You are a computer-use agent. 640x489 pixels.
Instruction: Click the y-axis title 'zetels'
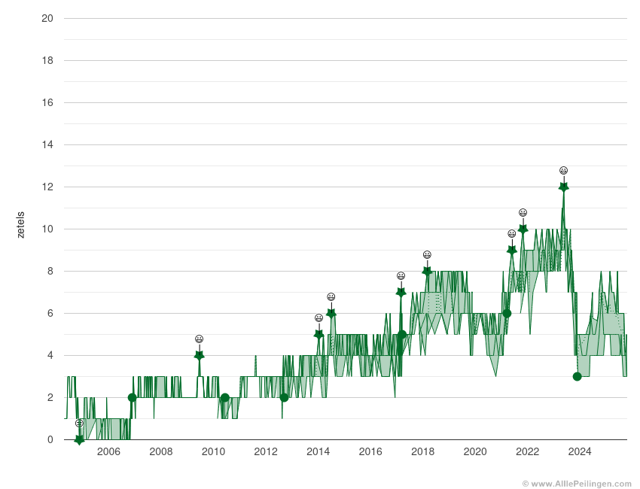coord(20,224)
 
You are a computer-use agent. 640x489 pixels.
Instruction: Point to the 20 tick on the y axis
coord(47,18)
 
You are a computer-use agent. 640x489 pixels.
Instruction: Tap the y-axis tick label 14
coord(47,144)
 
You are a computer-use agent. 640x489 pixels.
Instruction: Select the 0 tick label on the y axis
coord(50,439)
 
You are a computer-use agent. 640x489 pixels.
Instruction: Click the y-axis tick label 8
coord(50,271)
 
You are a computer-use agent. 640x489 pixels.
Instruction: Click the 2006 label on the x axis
coord(108,451)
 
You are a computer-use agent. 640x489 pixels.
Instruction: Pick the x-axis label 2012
coord(265,451)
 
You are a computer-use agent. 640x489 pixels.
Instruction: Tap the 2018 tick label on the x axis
coord(422,451)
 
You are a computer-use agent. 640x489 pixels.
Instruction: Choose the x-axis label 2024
coord(579,451)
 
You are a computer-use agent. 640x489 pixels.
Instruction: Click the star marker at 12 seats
coord(563,187)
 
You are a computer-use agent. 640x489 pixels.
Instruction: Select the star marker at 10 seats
coord(523,229)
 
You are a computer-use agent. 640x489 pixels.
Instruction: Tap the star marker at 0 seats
coord(79,439)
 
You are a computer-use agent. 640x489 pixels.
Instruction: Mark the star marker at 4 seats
coord(199,355)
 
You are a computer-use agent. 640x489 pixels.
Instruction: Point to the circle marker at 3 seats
coord(577,376)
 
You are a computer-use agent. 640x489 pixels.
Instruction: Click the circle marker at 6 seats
coord(507,313)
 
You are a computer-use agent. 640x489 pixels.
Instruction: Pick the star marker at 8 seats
coord(427,271)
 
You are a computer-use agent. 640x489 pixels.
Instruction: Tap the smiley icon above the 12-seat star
coord(563,171)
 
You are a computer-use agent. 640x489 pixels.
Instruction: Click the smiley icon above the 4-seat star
coord(199,339)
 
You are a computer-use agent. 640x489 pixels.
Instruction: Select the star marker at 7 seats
coord(401,292)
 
